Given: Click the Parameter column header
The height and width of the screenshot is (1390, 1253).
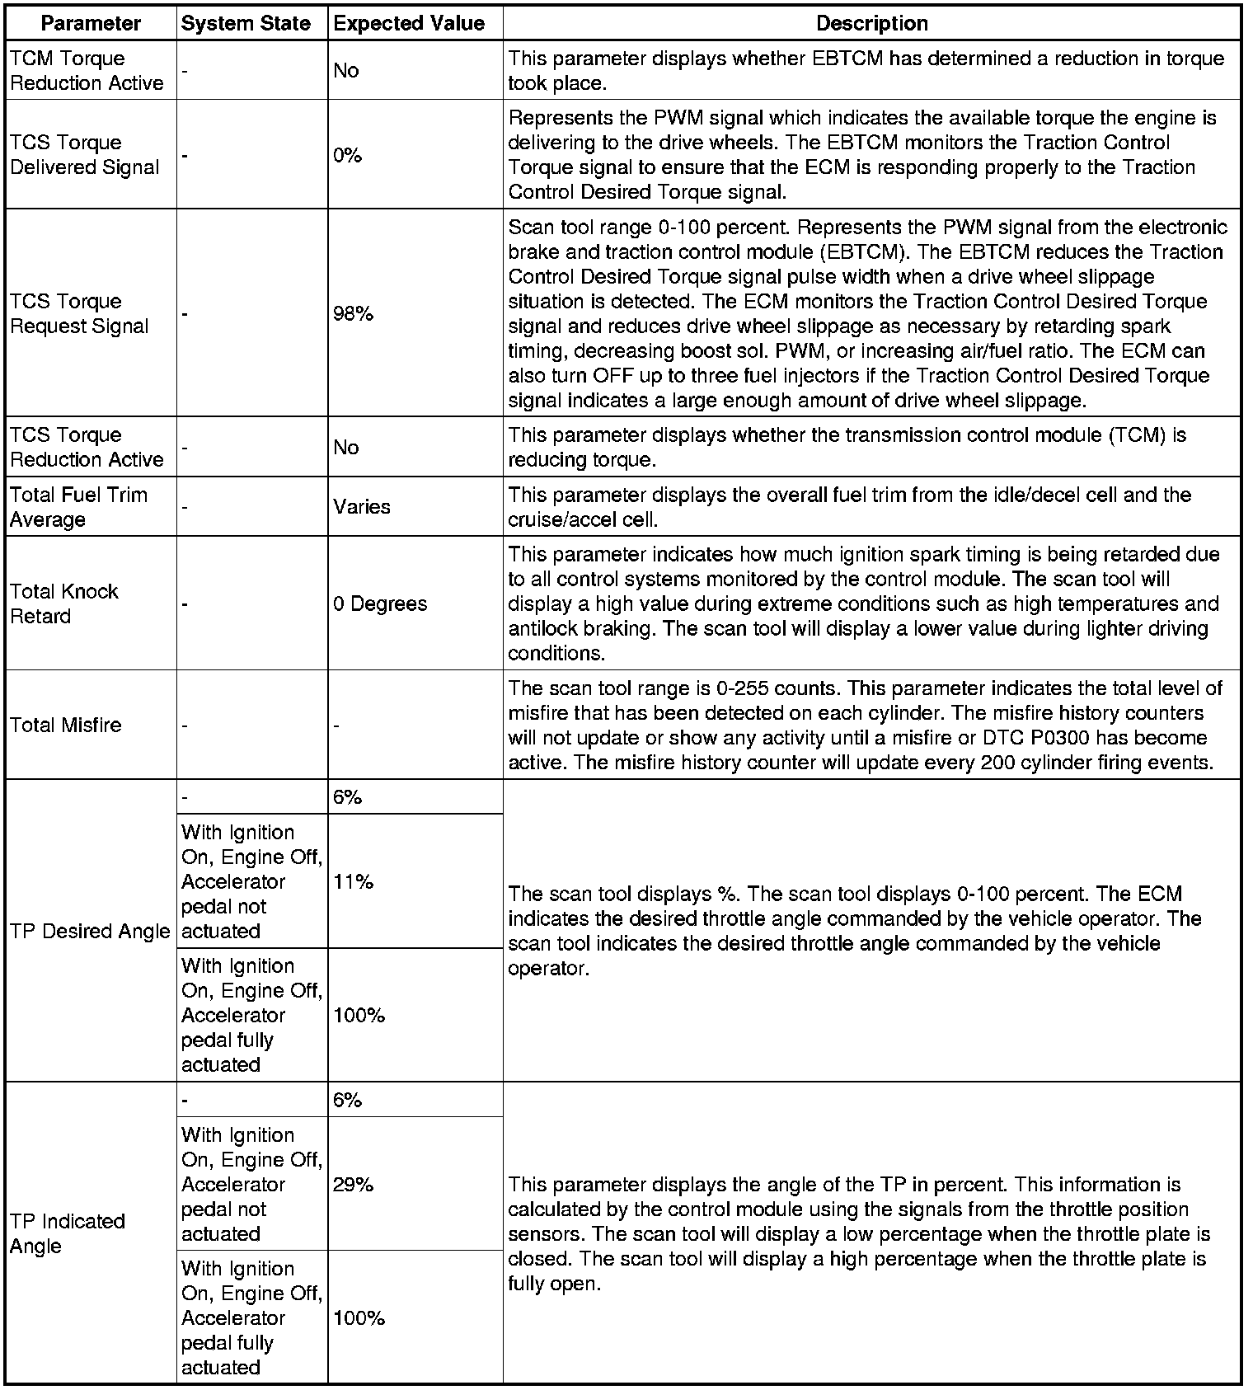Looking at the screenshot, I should [x=91, y=24].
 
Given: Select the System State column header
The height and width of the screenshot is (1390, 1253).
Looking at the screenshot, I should [x=246, y=24].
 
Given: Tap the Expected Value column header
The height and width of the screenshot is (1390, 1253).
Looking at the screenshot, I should [x=409, y=24].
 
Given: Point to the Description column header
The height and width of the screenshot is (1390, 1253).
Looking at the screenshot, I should [x=871, y=24].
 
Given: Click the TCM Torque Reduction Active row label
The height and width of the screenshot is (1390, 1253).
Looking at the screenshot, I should [x=87, y=71].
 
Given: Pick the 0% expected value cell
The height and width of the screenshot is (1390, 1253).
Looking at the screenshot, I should [x=348, y=155].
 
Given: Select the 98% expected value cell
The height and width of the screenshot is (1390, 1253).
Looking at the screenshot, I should [x=354, y=313].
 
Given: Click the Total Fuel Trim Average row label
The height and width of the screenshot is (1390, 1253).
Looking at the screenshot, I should [x=78, y=507].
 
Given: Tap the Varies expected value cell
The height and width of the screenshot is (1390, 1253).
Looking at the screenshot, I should [x=362, y=507].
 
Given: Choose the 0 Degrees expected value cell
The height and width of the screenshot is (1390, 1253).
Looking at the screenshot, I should [x=380, y=603].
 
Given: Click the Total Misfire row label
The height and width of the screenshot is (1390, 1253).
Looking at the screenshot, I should [x=66, y=726].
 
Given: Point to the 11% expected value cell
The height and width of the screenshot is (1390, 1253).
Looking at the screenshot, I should [x=354, y=882].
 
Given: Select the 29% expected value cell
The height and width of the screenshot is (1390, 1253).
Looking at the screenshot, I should [x=354, y=1185].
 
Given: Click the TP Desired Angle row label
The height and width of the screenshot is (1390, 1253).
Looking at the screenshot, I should [x=90, y=932].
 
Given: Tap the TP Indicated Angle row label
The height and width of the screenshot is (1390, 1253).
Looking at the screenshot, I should [x=68, y=1233].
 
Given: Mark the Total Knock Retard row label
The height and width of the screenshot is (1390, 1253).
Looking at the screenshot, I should [x=64, y=603].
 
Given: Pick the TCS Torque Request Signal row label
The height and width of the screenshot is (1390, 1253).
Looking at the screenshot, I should [x=79, y=314].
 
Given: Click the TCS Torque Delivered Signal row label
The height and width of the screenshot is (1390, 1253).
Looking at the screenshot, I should [x=84, y=155].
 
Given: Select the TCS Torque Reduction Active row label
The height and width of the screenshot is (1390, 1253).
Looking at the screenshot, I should [x=87, y=448].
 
